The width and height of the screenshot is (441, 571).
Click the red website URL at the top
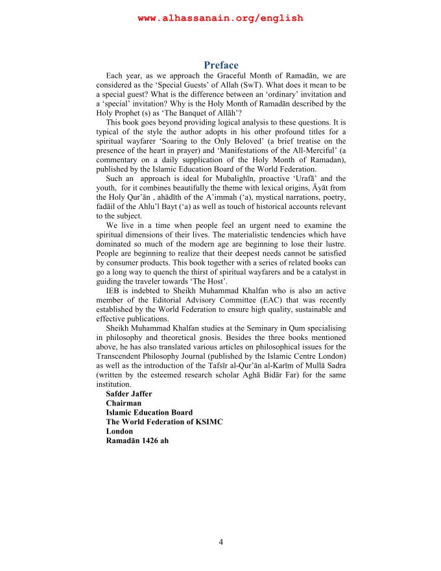tap(220, 18)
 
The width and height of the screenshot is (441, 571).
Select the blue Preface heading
tap(220, 65)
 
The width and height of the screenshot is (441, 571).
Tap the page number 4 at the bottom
tap(220, 542)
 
